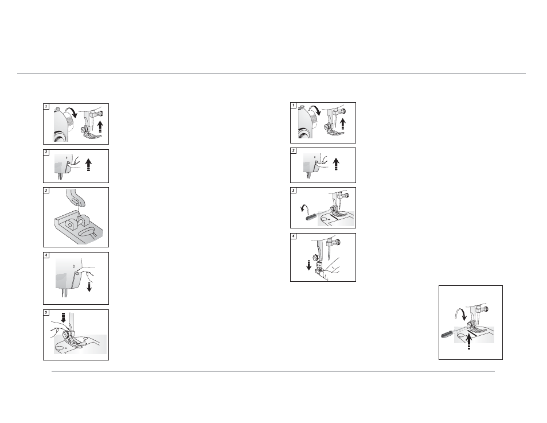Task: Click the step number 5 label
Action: pos(46,313)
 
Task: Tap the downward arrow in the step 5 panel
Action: pos(63,317)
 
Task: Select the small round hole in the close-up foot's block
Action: pos(70,226)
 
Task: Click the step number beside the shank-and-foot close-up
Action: pos(46,191)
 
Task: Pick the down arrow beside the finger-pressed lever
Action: pos(89,286)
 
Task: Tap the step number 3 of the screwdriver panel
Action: pos(293,191)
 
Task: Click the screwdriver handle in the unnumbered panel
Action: pos(447,334)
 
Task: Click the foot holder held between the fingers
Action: pos(319,267)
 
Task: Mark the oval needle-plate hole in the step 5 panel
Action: pos(59,348)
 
